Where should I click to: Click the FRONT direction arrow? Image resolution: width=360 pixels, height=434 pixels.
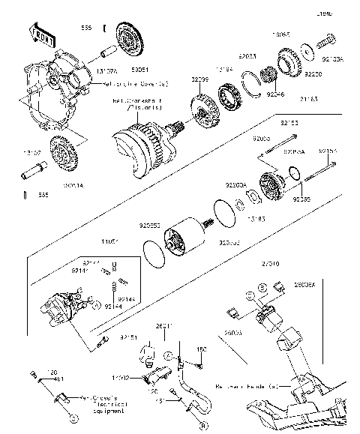point(42,34)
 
